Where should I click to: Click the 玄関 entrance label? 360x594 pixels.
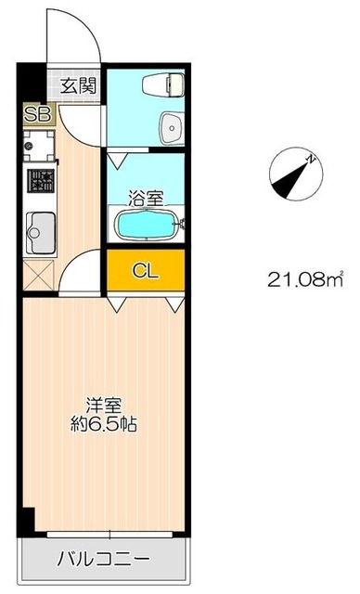tap(79, 86)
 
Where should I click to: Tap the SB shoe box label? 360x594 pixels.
tap(37, 114)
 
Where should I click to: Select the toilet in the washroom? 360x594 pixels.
tap(162, 84)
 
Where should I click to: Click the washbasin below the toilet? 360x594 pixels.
tap(171, 128)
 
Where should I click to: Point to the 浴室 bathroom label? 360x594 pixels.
tap(146, 198)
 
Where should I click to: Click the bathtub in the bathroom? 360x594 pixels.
tap(147, 225)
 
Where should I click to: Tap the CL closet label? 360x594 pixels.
tap(146, 270)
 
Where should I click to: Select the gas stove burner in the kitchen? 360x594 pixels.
tap(41, 181)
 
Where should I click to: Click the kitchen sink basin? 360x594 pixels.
tap(41, 233)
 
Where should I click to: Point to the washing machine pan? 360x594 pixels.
tap(39, 146)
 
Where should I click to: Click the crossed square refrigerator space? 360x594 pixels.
tap(39, 275)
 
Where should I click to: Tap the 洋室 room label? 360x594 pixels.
tap(104, 407)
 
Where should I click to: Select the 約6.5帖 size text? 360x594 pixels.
tap(104, 425)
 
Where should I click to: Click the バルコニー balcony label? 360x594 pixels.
tap(104, 559)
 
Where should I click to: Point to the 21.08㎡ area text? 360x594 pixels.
tap(305, 279)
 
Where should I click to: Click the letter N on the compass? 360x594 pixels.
tap(311, 159)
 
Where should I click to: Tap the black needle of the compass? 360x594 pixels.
tap(290, 180)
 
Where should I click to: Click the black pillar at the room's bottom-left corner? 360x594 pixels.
tap(29, 520)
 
